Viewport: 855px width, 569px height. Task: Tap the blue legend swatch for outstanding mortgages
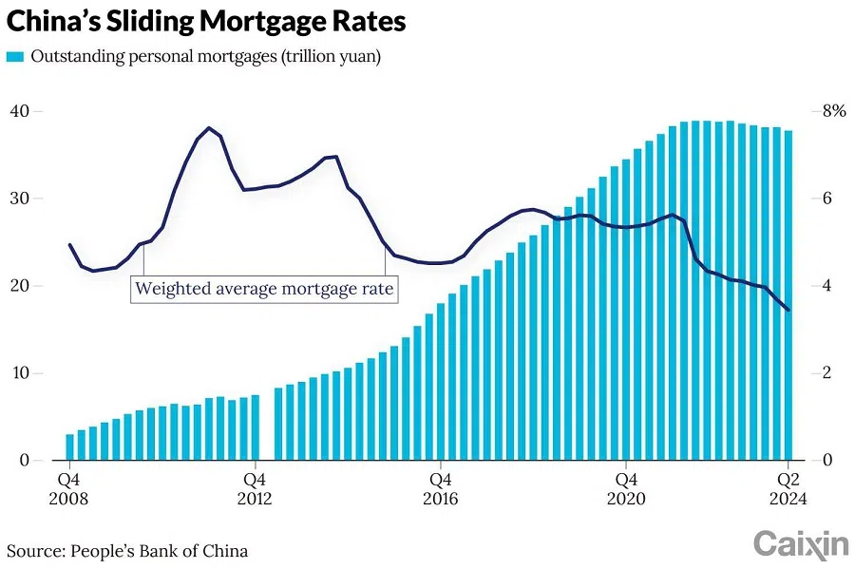click(15, 58)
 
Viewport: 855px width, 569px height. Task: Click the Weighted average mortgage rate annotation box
click(263, 289)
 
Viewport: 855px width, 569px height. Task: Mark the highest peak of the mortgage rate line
click(209, 127)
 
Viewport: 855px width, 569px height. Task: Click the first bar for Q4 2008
click(69, 446)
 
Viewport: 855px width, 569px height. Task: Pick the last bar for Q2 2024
click(788, 295)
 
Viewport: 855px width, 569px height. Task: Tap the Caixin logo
click(800, 544)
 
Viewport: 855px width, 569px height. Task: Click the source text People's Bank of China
click(127, 550)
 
